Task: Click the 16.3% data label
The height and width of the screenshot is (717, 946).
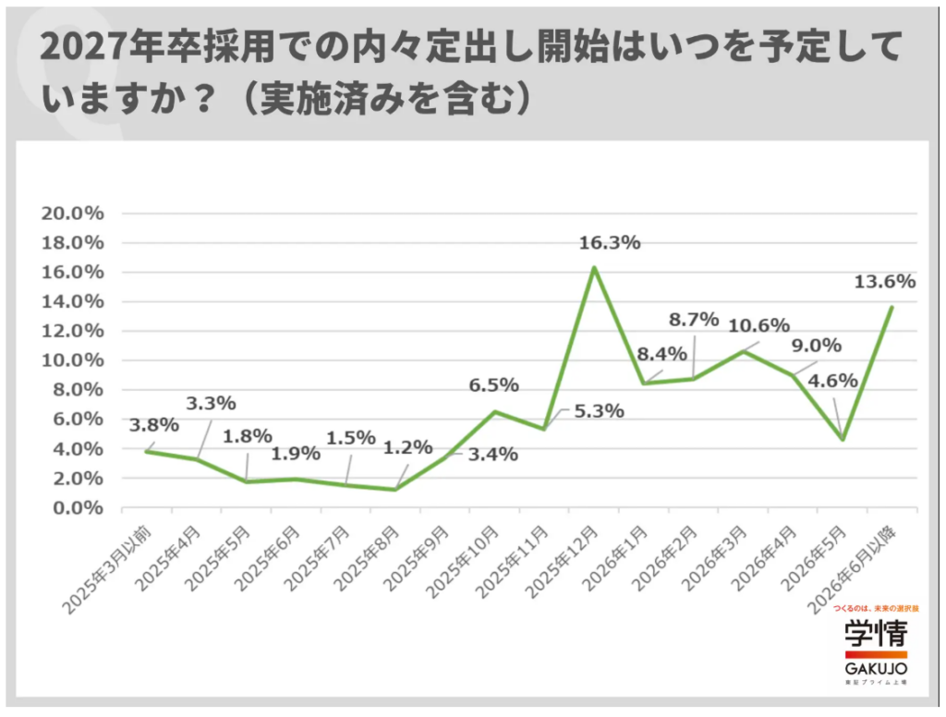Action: coord(609,243)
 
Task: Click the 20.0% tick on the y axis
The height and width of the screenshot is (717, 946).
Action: coord(73,213)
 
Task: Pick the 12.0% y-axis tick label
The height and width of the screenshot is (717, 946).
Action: coord(73,331)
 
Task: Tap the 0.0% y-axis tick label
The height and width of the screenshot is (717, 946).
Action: coord(77,507)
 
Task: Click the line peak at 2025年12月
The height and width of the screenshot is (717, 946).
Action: coord(594,268)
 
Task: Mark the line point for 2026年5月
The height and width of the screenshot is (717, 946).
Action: coord(842,439)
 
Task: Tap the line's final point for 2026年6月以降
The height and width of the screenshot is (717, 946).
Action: coord(891,307)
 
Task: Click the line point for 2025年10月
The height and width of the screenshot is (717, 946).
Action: coord(494,412)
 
